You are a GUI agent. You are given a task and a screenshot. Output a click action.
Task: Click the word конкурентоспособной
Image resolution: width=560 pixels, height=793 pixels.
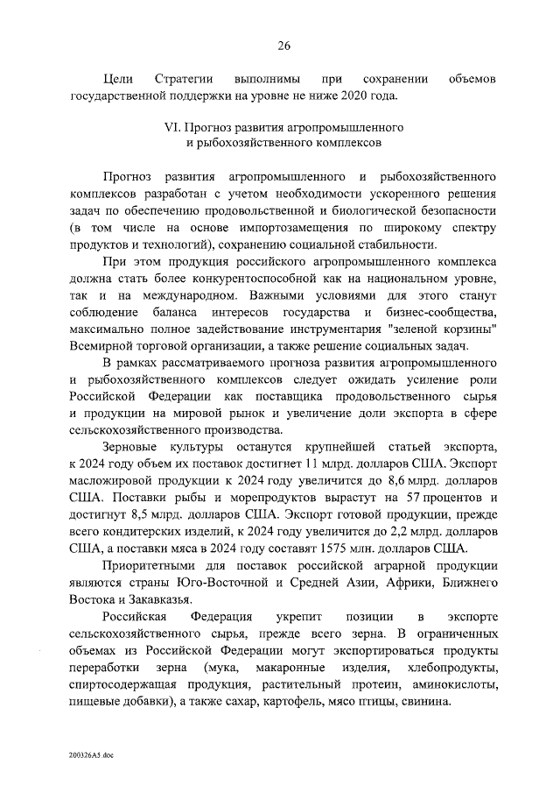(236, 278)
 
